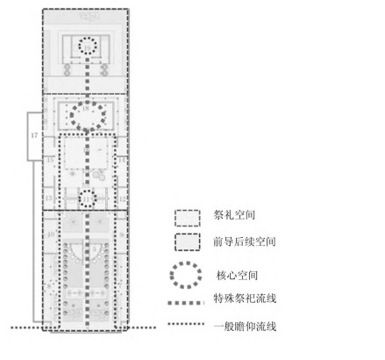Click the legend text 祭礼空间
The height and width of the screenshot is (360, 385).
pos(232,214)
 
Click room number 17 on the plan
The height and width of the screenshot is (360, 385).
pos(35,136)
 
